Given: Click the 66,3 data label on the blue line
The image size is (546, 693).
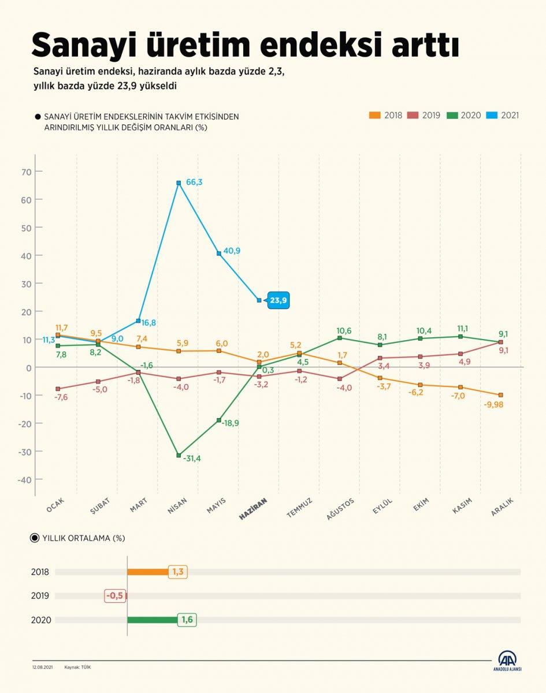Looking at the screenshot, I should click(194, 182).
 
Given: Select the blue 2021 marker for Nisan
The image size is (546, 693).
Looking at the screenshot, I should click(179, 183).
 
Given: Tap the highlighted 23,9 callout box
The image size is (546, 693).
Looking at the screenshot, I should click(278, 300).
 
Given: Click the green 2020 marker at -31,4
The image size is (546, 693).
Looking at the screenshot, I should click(179, 455).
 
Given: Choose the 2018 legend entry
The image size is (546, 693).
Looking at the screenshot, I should click(385, 115).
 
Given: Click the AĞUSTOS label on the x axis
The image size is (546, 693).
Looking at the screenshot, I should click(340, 509).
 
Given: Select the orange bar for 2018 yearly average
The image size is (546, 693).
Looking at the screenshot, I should click(148, 572).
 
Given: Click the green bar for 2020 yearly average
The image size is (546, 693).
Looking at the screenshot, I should click(152, 620).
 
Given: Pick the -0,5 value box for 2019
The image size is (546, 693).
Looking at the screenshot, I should click(114, 595).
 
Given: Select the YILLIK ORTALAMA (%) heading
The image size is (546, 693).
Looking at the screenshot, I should click(83, 538).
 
